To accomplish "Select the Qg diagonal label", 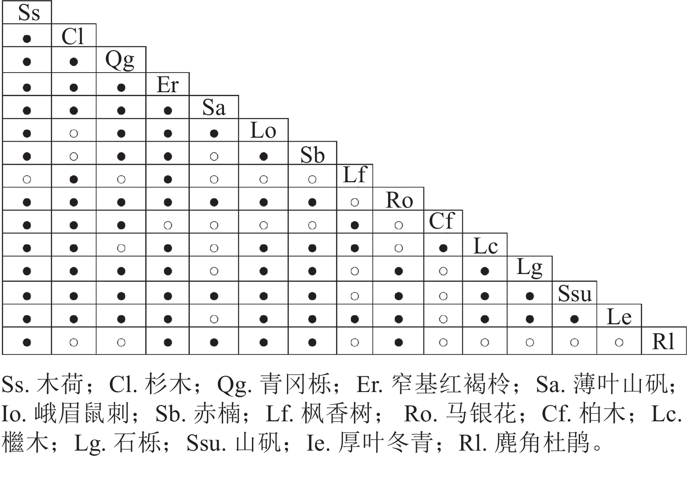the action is (x=120, y=60).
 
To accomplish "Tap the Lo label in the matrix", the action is (x=263, y=130).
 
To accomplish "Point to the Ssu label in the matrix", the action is (x=574, y=293).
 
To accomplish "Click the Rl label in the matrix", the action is (x=663, y=341).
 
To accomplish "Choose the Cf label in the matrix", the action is (x=442, y=221).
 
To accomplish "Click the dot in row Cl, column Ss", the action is (x=27, y=39).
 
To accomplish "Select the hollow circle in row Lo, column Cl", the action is (x=73, y=134).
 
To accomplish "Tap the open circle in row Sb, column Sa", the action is (x=214, y=156).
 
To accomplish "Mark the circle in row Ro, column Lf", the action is (x=355, y=202).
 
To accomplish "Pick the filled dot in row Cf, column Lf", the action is (x=355, y=226).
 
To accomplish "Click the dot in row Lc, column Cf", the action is (x=443, y=248).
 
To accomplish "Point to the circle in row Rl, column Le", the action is (x=619, y=342).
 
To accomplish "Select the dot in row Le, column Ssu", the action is (x=574, y=319).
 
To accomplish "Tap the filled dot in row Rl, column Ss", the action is (x=27, y=342).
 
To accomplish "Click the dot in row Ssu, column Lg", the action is (x=530, y=296).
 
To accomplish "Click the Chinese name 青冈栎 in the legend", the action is (x=295, y=384).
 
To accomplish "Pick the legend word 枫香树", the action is (x=337, y=413).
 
